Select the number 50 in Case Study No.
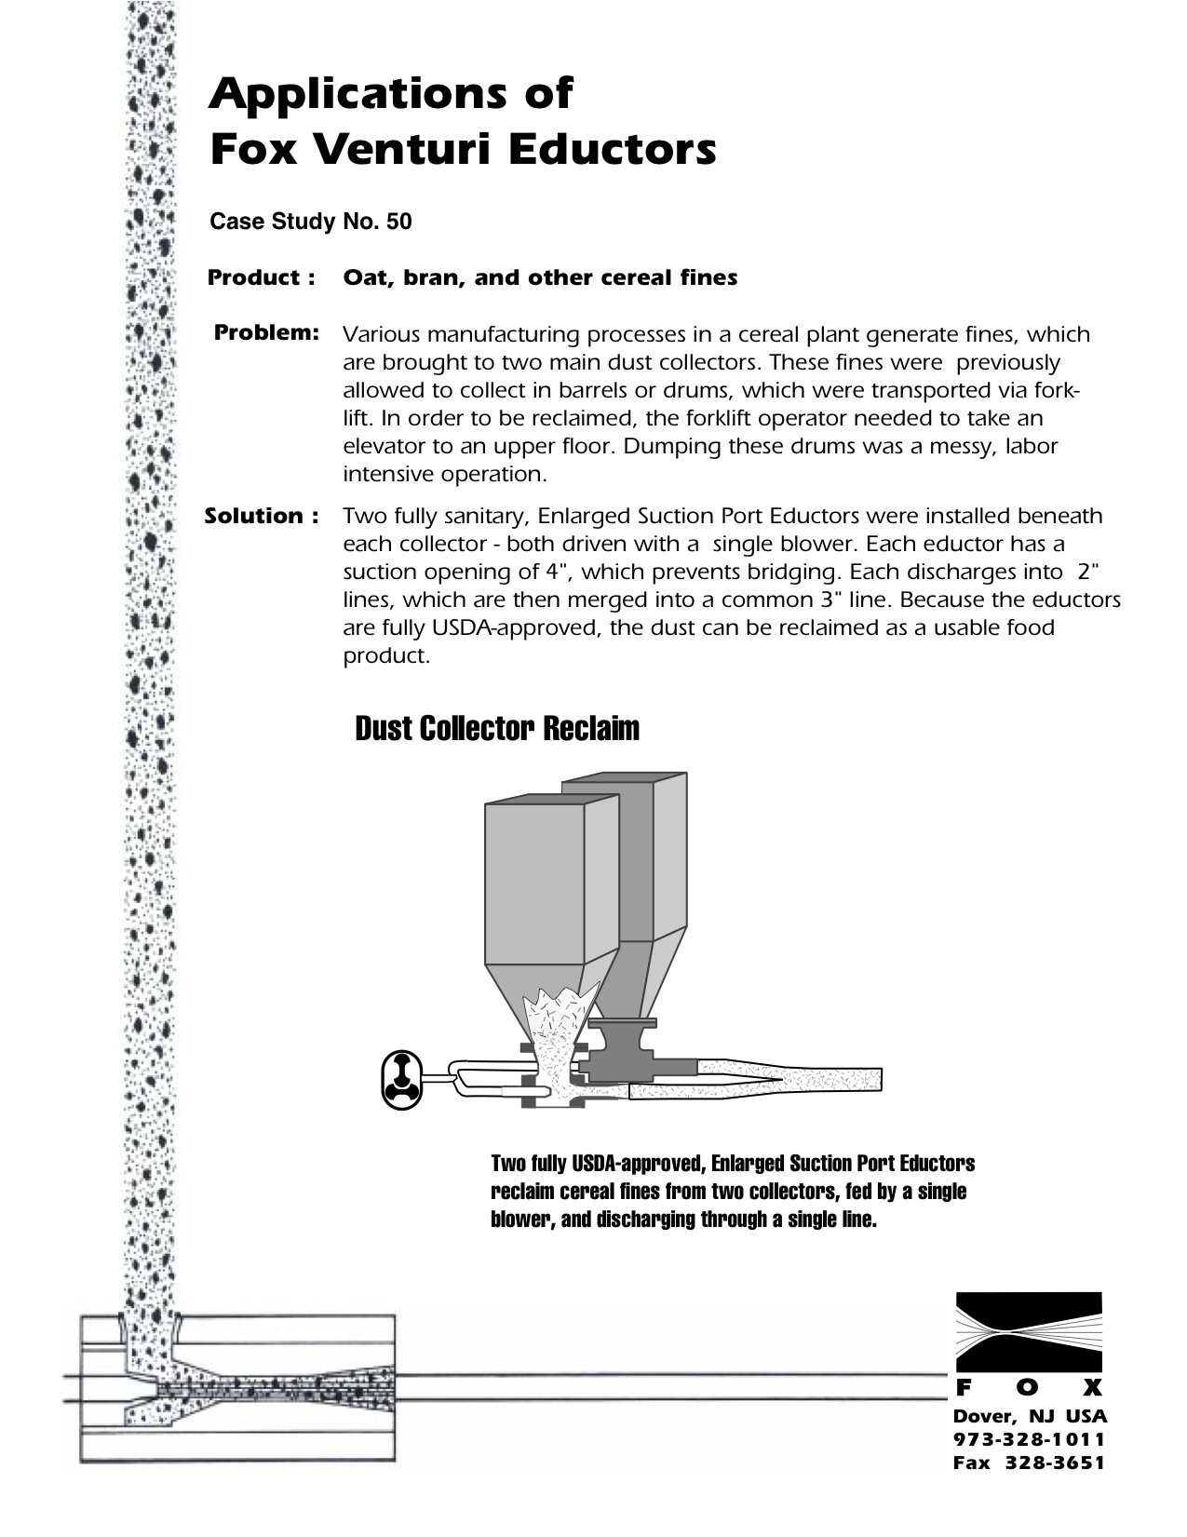399,222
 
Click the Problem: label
267,332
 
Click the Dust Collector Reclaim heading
497,728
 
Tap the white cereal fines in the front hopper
555,1024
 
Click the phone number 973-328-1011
1030,1440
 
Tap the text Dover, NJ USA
1030,1417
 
